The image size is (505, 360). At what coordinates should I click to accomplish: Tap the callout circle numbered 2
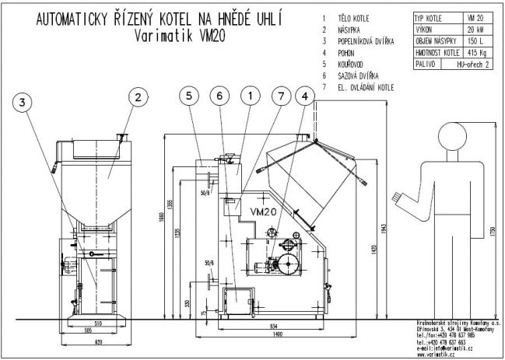pyautogui.click(x=137, y=97)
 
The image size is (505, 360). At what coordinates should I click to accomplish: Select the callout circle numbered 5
pyautogui.click(x=188, y=96)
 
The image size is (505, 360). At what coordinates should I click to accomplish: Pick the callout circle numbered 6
pyautogui.click(x=220, y=96)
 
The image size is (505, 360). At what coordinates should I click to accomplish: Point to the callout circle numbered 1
pyautogui.click(x=250, y=96)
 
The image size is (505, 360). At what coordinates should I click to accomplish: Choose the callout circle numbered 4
pyautogui.click(x=307, y=96)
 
